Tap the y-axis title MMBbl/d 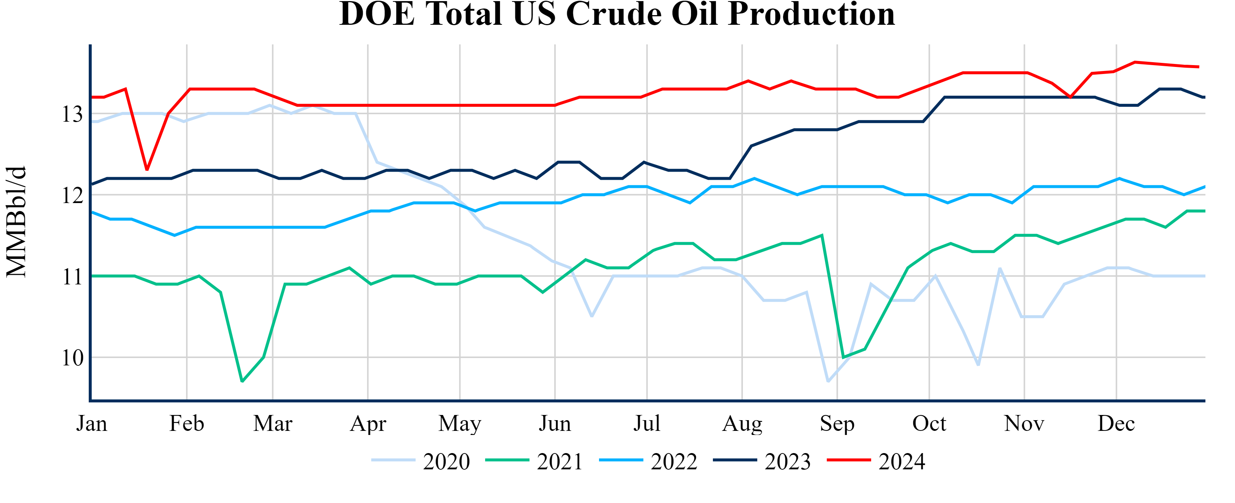tap(16, 222)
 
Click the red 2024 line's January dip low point tap(147, 170)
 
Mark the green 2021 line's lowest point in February tap(242, 381)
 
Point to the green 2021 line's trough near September tap(843, 358)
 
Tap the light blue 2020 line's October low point tap(978, 365)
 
